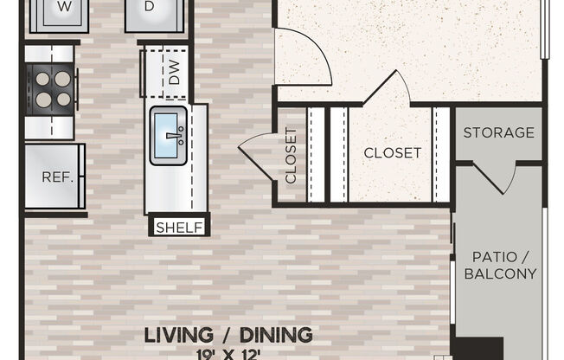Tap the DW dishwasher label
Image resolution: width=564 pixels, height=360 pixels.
point(174,76)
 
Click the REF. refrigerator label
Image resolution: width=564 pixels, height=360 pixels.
point(54,176)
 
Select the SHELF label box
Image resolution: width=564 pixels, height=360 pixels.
point(180,228)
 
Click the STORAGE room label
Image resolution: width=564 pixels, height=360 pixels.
point(498,132)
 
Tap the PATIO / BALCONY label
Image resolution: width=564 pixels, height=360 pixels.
point(500,265)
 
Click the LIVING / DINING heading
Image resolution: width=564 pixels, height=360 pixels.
point(228,334)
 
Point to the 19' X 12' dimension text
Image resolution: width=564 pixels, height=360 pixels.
point(228,353)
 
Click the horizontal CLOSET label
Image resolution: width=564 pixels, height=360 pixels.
point(392,153)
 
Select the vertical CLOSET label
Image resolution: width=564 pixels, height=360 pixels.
point(291,156)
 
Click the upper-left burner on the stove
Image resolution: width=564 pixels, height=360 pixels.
point(42,77)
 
